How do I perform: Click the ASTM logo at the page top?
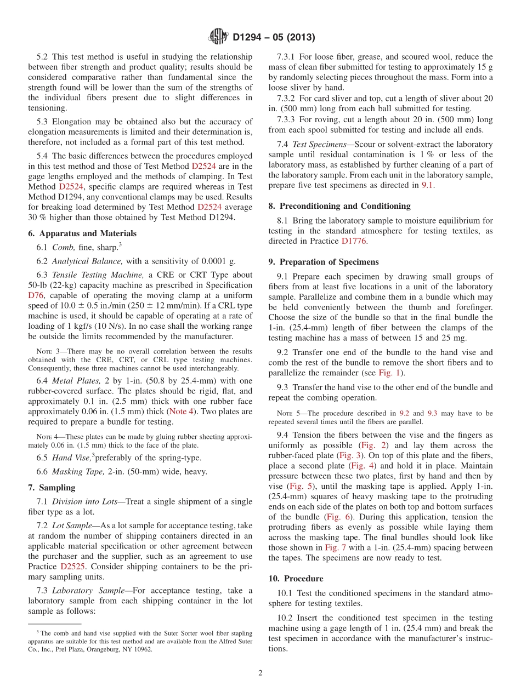(x=218, y=37)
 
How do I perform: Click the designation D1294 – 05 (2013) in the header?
(x=274, y=38)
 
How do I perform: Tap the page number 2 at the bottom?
(x=260, y=673)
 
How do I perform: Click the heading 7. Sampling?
(x=52, y=488)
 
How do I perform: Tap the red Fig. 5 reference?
(x=299, y=486)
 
